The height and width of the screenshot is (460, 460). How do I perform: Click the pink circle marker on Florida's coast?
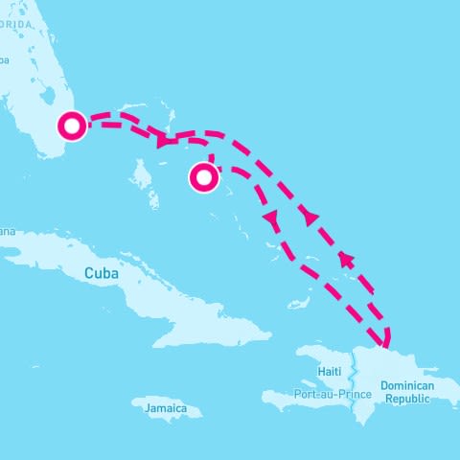(72, 126)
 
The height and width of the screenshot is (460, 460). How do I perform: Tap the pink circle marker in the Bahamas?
(203, 177)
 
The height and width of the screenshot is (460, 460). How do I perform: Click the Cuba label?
(101, 273)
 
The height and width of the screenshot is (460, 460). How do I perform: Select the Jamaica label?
(167, 408)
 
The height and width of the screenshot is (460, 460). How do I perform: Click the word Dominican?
(407, 385)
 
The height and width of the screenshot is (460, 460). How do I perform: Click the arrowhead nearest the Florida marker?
(163, 142)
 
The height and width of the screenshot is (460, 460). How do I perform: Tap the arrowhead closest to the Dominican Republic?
(345, 259)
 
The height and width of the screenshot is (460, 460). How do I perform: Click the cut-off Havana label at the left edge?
(8, 231)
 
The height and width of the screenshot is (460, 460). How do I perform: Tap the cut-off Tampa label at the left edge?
(5, 59)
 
